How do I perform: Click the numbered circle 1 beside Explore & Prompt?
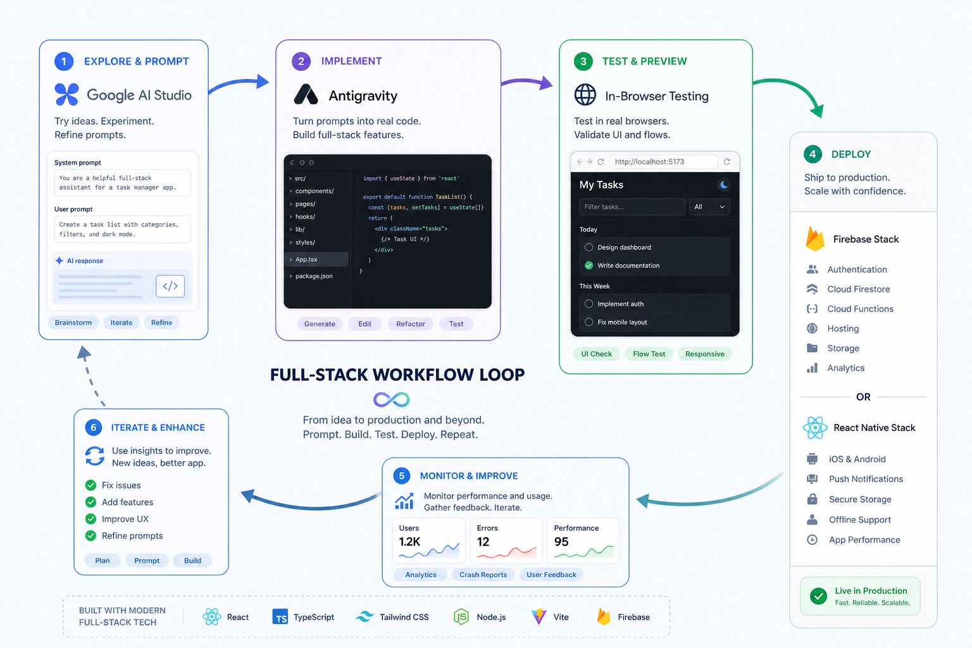pyautogui.click(x=64, y=61)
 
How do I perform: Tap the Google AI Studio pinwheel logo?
pyautogui.click(x=67, y=94)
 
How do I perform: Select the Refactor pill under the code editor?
pyautogui.click(x=411, y=324)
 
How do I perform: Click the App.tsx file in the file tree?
pyautogui.click(x=306, y=259)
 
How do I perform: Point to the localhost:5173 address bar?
pyautogui.click(x=663, y=162)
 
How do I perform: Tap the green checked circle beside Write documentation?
pyautogui.click(x=589, y=265)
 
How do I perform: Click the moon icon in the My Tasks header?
pyautogui.click(x=723, y=184)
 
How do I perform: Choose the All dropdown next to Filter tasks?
pyautogui.click(x=709, y=207)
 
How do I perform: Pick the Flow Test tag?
pyautogui.click(x=649, y=354)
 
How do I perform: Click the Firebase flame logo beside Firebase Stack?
pyautogui.click(x=815, y=239)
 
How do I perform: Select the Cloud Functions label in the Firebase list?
pyautogui.click(x=860, y=309)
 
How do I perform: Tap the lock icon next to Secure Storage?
pyautogui.click(x=813, y=499)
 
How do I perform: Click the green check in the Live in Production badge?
pyautogui.click(x=818, y=596)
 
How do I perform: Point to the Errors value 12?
pyautogui.click(x=483, y=542)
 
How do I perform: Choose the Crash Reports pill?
pyautogui.click(x=483, y=575)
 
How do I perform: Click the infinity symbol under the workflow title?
pyautogui.click(x=392, y=399)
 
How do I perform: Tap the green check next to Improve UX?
pyautogui.click(x=90, y=519)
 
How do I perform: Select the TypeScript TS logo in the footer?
pyautogui.click(x=280, y=617)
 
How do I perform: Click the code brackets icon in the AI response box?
pyautogui.click(x=170, y=286)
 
